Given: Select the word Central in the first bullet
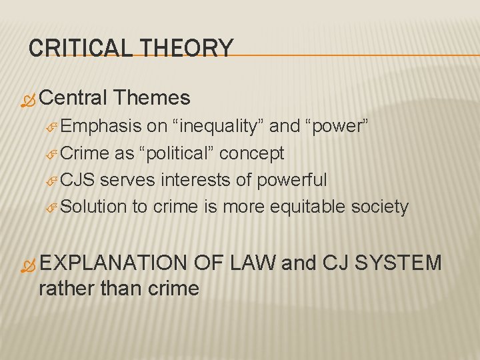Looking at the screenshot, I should tap(73, 99).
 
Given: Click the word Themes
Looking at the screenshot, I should tap(152, 99).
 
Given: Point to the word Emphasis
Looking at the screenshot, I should tap(101, 127).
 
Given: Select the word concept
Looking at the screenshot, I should tap(252, 153).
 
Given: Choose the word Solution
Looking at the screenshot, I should tap(93, 207).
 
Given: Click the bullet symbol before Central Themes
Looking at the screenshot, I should tap(28, 101).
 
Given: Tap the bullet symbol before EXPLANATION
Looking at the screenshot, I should tap(28, 265).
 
